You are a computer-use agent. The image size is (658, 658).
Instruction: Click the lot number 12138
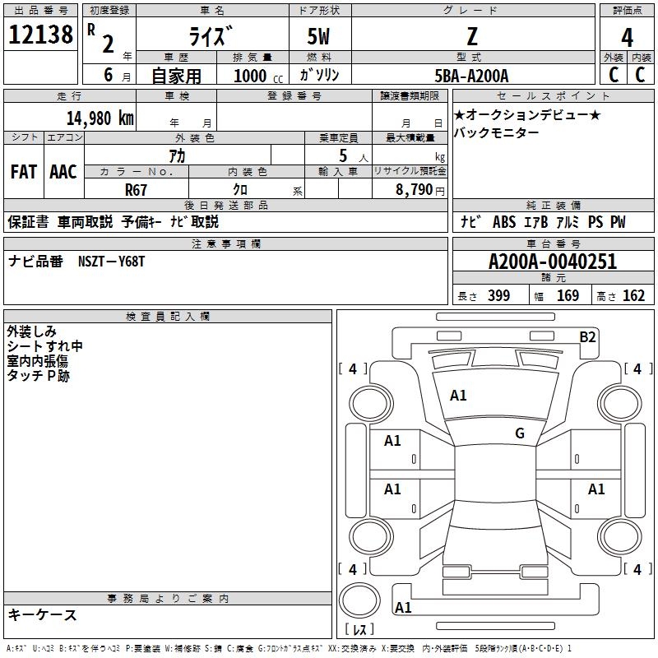click(40, 35)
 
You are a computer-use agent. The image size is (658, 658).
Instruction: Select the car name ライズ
click(211, 36)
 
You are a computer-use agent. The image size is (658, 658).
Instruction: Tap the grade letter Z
click(471, 36)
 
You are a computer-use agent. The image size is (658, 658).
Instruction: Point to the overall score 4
click(627, 38)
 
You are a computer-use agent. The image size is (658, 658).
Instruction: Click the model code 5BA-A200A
click(471, 76)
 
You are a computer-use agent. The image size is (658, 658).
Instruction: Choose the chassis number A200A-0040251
click(552, 262)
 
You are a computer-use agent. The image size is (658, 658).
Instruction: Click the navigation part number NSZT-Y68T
click(112, 262)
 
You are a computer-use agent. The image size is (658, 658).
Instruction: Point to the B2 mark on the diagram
click(587, 336)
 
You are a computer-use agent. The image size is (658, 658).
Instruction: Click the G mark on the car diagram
click(519, 433)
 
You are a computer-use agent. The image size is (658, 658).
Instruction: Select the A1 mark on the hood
click(458, 396)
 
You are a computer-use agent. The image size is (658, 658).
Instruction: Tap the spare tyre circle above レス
click(359, 600)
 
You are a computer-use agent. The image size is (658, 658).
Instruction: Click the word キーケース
click(42, 615)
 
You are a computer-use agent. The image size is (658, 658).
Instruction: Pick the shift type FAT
click(23, 172)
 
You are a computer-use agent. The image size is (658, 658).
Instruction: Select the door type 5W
click(319, 36)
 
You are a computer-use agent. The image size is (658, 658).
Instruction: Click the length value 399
click(498, 296)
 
